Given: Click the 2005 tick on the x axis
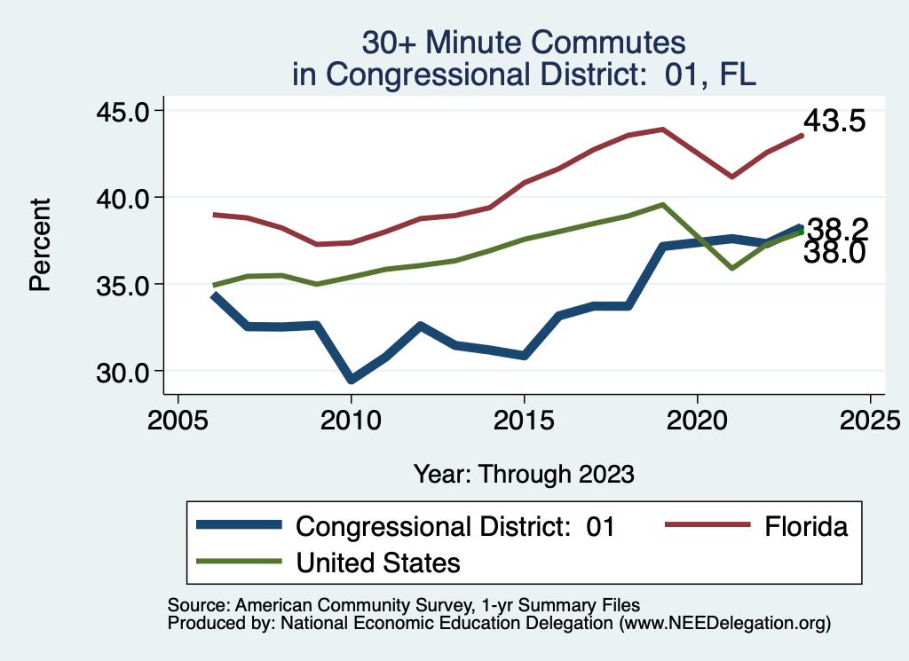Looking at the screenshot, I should pyautogui.click(x=178, y=420).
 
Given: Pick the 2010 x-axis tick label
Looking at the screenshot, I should pyautogui.click(x=351, y=420).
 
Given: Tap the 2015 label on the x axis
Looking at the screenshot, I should pyautogui.click(x=524, y=420).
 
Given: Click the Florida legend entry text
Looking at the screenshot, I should pyautogui.click(x=805, y=526).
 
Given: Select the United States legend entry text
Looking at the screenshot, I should pyautogui.click(x=378, y=562).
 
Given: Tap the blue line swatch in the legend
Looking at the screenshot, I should pyautogui.click(x=241, y=526).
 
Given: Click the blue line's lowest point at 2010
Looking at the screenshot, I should pyautogui.click(x=352, y=380).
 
